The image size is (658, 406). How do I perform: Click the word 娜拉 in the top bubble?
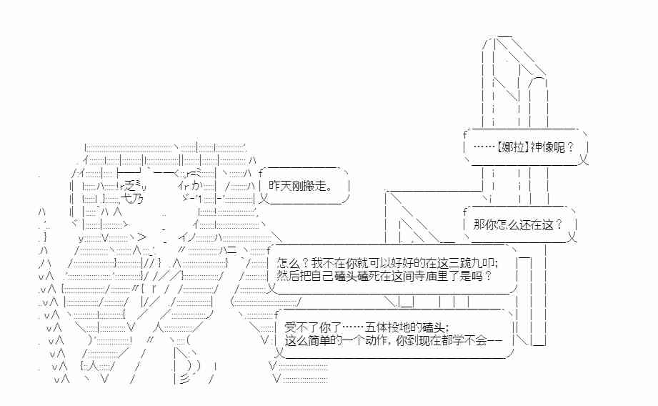513,147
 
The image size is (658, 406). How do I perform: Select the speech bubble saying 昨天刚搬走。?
304,186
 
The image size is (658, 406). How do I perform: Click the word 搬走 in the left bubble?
314,186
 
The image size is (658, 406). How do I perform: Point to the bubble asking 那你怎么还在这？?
520,224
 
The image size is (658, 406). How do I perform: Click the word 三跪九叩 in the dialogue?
472,263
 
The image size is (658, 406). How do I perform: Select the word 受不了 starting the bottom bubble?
301,327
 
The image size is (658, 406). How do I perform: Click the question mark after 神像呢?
570,147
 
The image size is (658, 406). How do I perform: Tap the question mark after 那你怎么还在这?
559,224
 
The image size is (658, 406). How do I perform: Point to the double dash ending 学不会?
494,340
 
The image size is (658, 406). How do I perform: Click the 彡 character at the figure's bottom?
184,378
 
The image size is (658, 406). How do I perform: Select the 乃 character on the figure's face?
138,198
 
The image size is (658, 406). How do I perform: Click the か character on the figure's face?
196,185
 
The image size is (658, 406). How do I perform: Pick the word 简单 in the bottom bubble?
319,340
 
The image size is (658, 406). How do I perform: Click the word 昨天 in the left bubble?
280,186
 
